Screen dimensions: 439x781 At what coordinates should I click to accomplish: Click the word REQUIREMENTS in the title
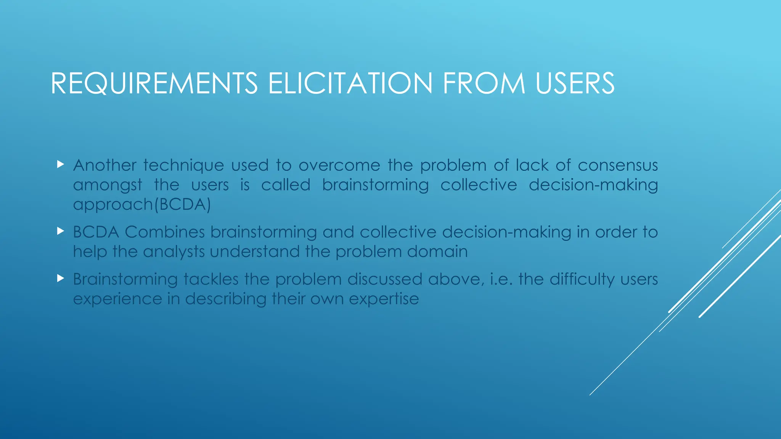tap(154, 83)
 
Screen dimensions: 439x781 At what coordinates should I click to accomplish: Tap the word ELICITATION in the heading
tap(350, 83)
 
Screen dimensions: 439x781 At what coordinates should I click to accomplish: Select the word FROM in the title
tap(484, 83)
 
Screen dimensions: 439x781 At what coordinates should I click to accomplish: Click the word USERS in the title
tap(575, 83)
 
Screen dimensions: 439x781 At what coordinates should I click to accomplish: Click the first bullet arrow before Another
tap(60, 165)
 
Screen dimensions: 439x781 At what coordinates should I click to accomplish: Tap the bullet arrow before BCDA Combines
tap(60, 231)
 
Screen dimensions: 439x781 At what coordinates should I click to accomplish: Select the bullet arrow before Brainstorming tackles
tap(60, 278)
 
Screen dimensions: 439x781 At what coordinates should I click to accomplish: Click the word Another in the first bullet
tap(104, 165)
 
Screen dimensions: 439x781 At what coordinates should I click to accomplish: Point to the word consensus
tap(617, 165)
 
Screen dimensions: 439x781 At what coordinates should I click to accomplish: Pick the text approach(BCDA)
tap(142, 205)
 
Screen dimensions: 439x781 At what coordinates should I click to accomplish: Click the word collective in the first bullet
tap(479, 185)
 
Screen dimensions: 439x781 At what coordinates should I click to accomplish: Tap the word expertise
tap(384, 299)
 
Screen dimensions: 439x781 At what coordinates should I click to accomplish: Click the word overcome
tap(339, 165)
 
